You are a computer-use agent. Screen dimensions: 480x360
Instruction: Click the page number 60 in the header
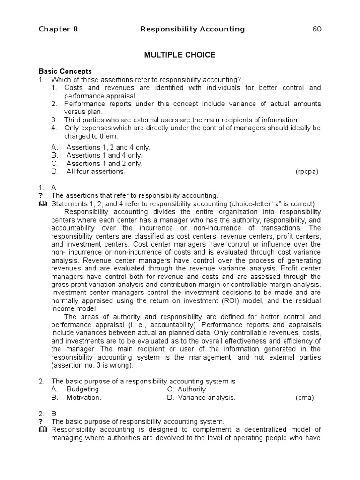[x=317, y=30]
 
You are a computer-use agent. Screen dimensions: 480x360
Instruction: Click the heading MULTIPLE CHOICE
[x=180, y=55]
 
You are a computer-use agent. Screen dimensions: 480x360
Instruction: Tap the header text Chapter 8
[x=58, y=30]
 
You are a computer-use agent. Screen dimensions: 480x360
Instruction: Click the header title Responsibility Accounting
[x=193, y=30]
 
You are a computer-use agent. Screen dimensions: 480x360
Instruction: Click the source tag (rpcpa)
[x=307, y=172]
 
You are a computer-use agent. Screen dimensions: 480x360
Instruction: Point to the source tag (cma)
[x=305, y=397]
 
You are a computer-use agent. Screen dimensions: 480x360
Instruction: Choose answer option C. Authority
[x=186, y=390]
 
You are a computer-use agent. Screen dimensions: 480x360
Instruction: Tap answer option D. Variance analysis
[x=201, y=397]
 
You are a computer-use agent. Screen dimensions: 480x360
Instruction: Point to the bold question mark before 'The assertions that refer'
[x=41, y=195]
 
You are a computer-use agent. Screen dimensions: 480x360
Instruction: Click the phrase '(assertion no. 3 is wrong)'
[x=92, y=366]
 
